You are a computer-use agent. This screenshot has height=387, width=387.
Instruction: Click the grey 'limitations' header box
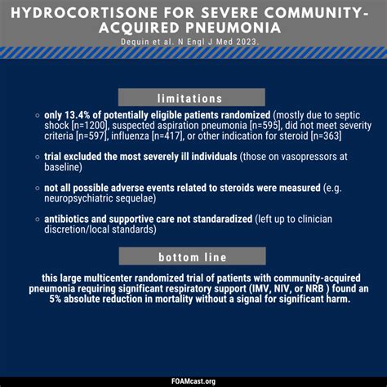[193, 97]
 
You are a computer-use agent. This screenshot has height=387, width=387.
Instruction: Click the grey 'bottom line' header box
[193, 256]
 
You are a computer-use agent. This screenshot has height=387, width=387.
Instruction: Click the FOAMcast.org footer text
[193, 380]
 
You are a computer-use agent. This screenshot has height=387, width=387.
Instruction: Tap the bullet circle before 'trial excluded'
[38, 156]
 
